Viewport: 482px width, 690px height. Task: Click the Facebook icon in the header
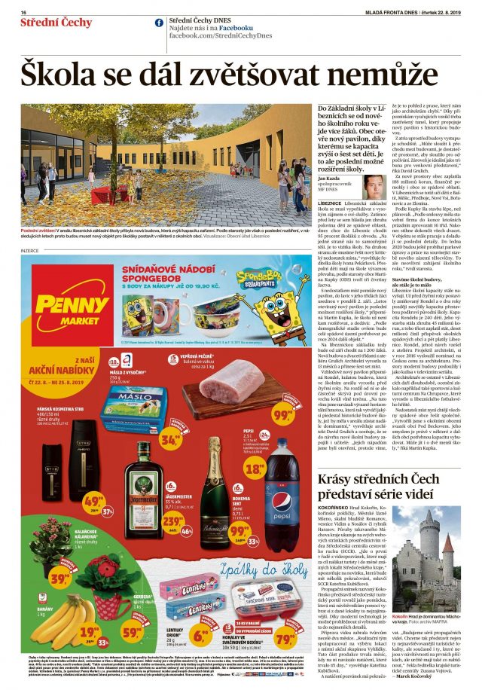click(x=159, y=23)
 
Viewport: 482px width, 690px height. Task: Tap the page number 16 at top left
click(x=23, y=12)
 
